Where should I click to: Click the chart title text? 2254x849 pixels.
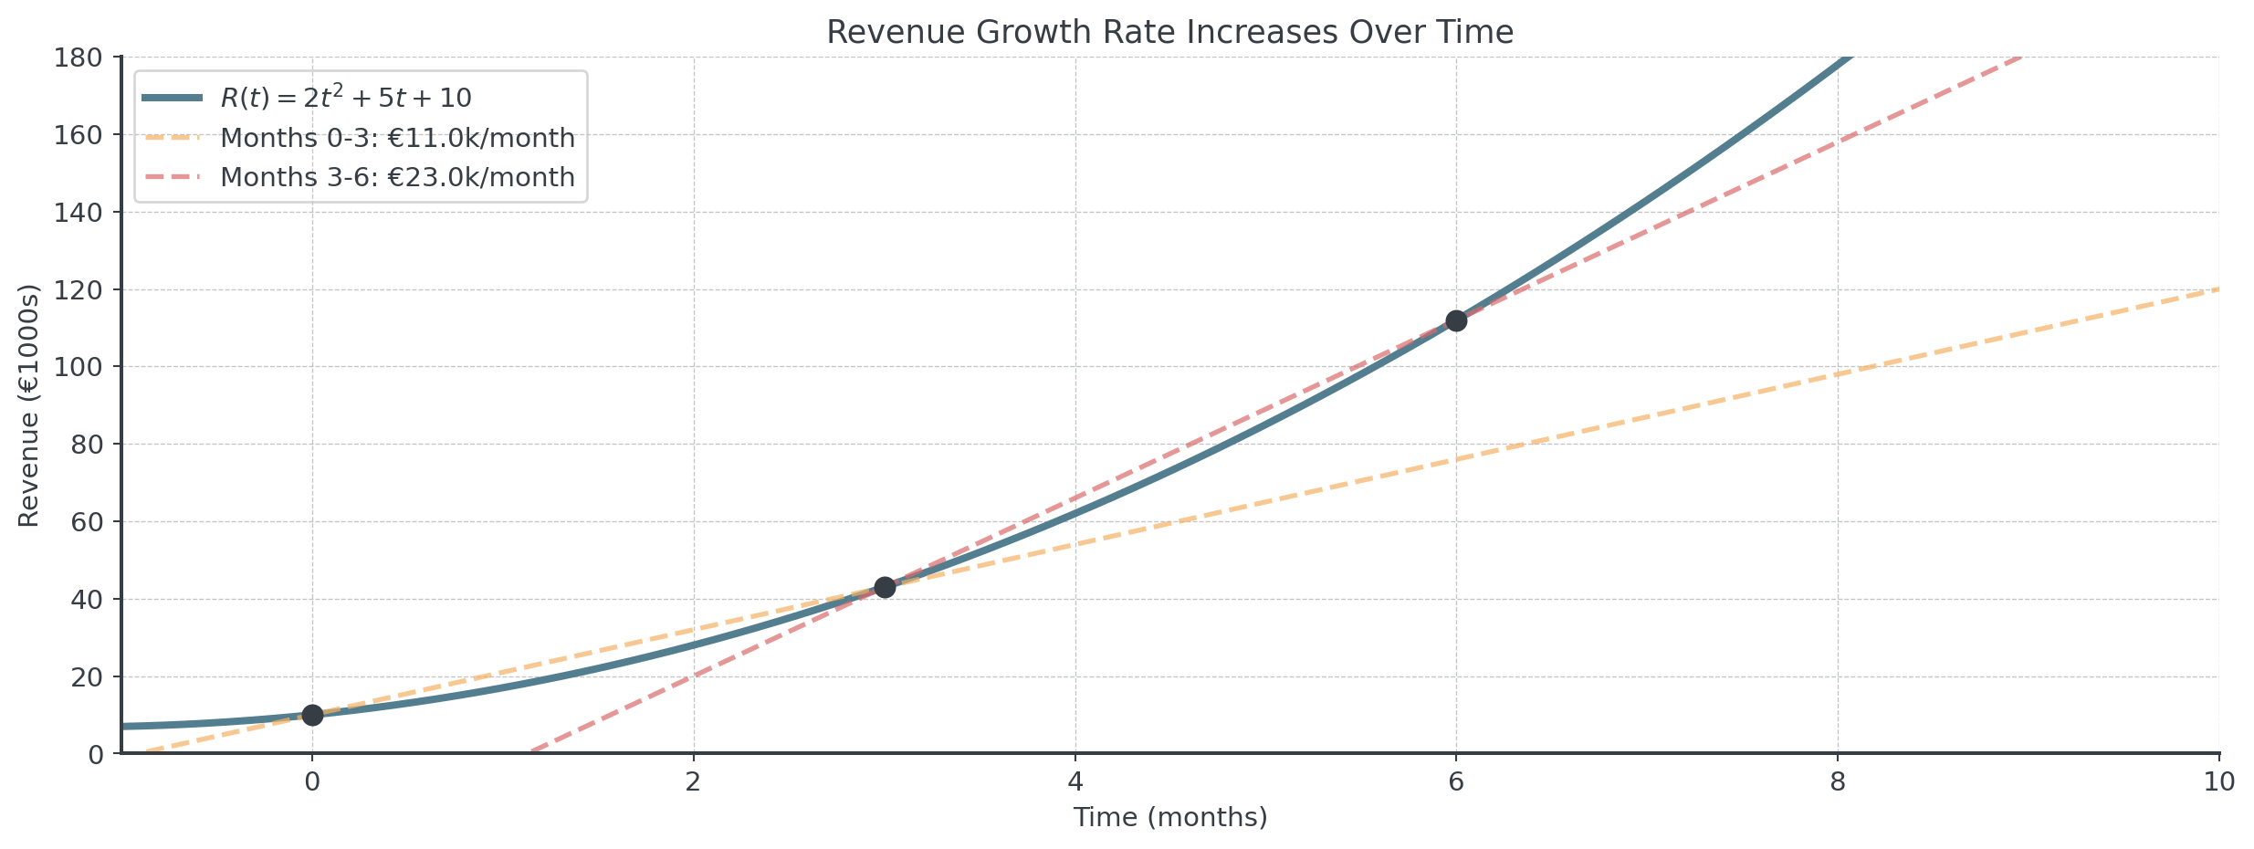(1169, 32)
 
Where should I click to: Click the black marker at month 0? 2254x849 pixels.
(312, 715)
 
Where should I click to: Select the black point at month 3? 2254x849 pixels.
(885, 587)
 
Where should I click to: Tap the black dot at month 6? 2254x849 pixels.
(1456, 320)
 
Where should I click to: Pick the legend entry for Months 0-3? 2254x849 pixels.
(397, 138)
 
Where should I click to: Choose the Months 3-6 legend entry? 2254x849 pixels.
(397, 177)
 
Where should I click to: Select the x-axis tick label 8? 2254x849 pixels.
(1838, 782)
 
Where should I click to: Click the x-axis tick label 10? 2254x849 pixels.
(2218, 782)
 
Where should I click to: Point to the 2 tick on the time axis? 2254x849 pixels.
(694, 782)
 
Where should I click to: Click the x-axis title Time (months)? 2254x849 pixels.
(1169, 817)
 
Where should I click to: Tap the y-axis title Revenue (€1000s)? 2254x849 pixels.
(29, 406)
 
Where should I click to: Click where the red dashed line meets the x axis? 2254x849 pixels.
(529, 753)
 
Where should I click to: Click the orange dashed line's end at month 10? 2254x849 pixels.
(2217, 289)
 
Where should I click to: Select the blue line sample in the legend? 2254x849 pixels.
(172, 98)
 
